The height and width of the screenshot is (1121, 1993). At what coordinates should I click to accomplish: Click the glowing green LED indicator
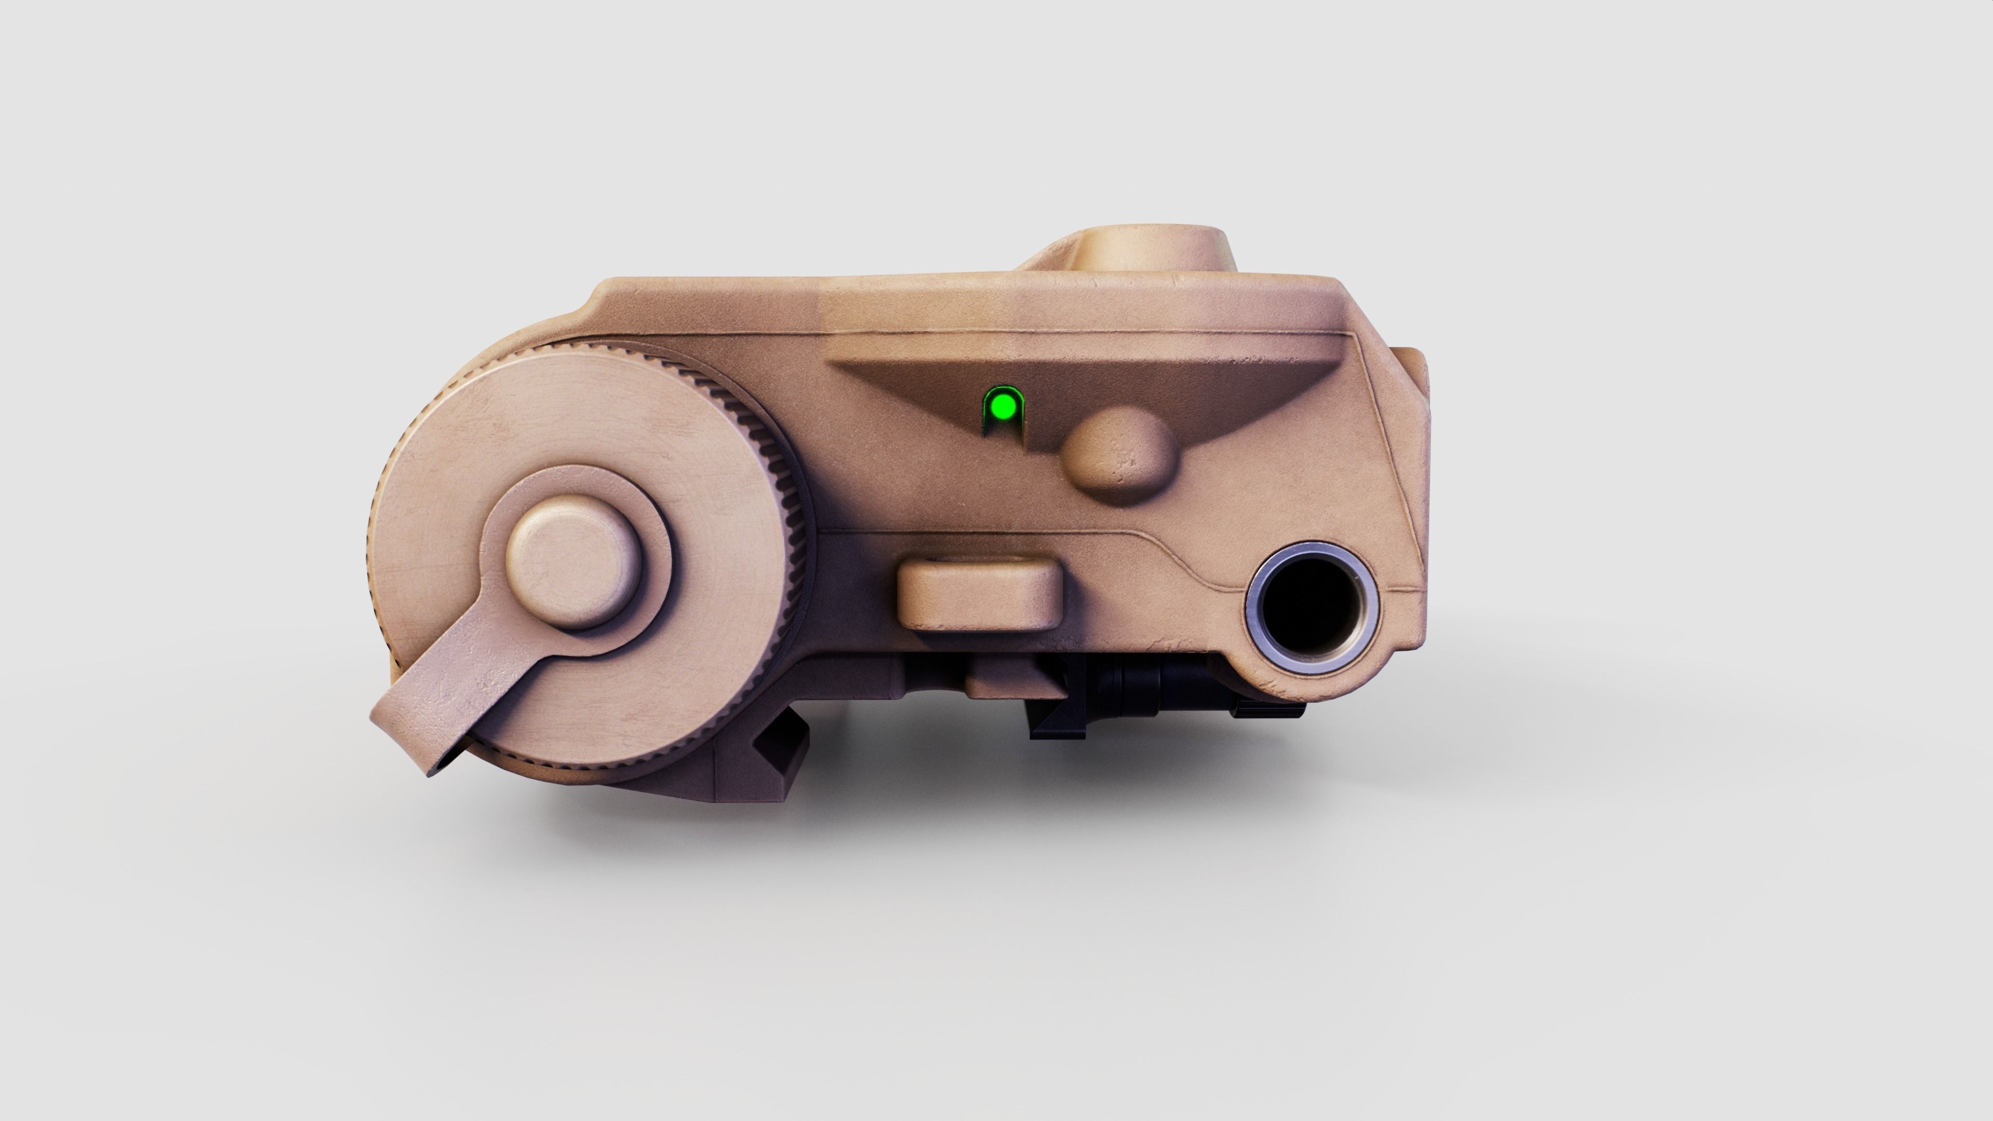(x=1003, y=405)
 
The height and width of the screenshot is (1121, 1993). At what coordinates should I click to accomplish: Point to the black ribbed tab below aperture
(x=1269, y=708)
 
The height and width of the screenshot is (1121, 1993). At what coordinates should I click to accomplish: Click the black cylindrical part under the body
(x=1137, y=681)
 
